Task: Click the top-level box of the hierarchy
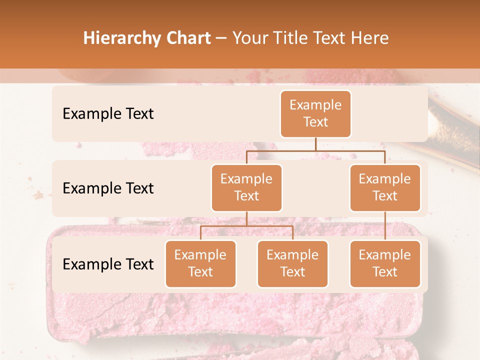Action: click(x=315, y=113)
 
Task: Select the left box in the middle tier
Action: click(x=246, y=187)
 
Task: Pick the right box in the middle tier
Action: click(x=385, y=187)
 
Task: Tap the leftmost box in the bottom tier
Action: click(x=200, y=263)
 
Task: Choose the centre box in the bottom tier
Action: click(x=292, y=263)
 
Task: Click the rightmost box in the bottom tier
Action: click(x=385, y=263)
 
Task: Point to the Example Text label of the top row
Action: click(x=108, y=113)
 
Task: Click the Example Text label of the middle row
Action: click(x=108, y=188)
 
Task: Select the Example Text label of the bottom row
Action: click(x=108, y=264)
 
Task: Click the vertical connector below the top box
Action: click(x=315, y=144)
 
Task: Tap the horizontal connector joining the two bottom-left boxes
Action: click(x=246, y=226)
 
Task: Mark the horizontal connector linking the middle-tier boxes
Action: click(x=315, y=150)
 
